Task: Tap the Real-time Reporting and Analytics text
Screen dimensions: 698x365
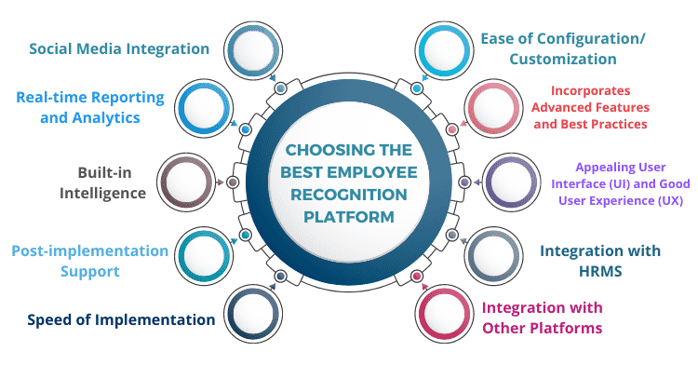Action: pyautogui.click(x=90, y=107)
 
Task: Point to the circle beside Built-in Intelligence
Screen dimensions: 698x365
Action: pyautogui.click(x=187, y=182)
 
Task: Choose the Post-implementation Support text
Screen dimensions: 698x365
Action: pyautogui.click(x=89, y=261)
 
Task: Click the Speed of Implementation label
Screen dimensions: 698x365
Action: pyautogui.click(x=121, y=319)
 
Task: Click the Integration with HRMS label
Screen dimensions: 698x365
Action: pyautogui.click(x=600, y=261)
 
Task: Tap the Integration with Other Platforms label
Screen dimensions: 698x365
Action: pyautogui.click(x=542, y=318)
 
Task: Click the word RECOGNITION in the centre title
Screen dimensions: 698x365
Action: pyautogui.click(x=348, y=193)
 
